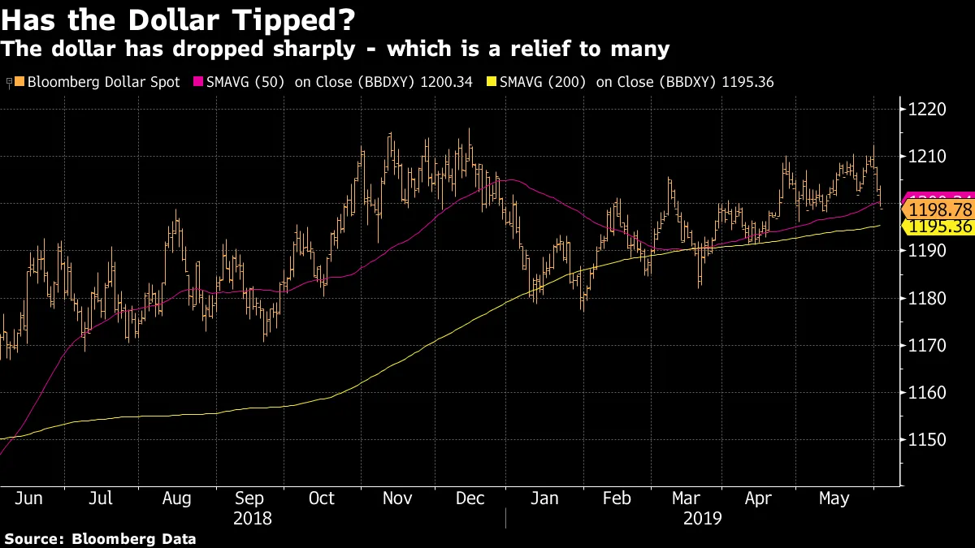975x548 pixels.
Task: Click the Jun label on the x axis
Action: (29, 498)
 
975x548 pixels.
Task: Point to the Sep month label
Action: (249, 498)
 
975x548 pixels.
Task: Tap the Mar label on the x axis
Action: (686, 498)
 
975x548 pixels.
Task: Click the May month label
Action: (834, 498)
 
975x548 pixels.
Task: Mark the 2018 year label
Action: (252, 518)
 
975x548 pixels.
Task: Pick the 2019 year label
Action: (702, 518)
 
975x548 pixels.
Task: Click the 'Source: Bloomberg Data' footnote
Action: (100, 538)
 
